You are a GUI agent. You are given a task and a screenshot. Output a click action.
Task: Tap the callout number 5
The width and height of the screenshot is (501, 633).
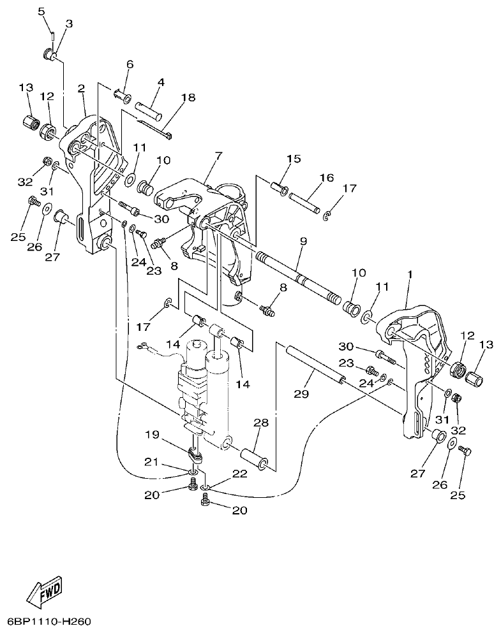(41, 11)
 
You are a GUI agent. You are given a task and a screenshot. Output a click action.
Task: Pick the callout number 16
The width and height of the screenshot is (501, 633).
(326, 178)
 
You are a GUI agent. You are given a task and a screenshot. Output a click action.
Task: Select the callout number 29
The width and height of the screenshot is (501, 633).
(301, 394)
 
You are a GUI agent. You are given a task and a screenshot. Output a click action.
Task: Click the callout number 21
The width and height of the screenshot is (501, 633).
(151, 463)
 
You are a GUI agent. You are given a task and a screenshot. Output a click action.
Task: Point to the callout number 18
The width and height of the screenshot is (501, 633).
(188, 98)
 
